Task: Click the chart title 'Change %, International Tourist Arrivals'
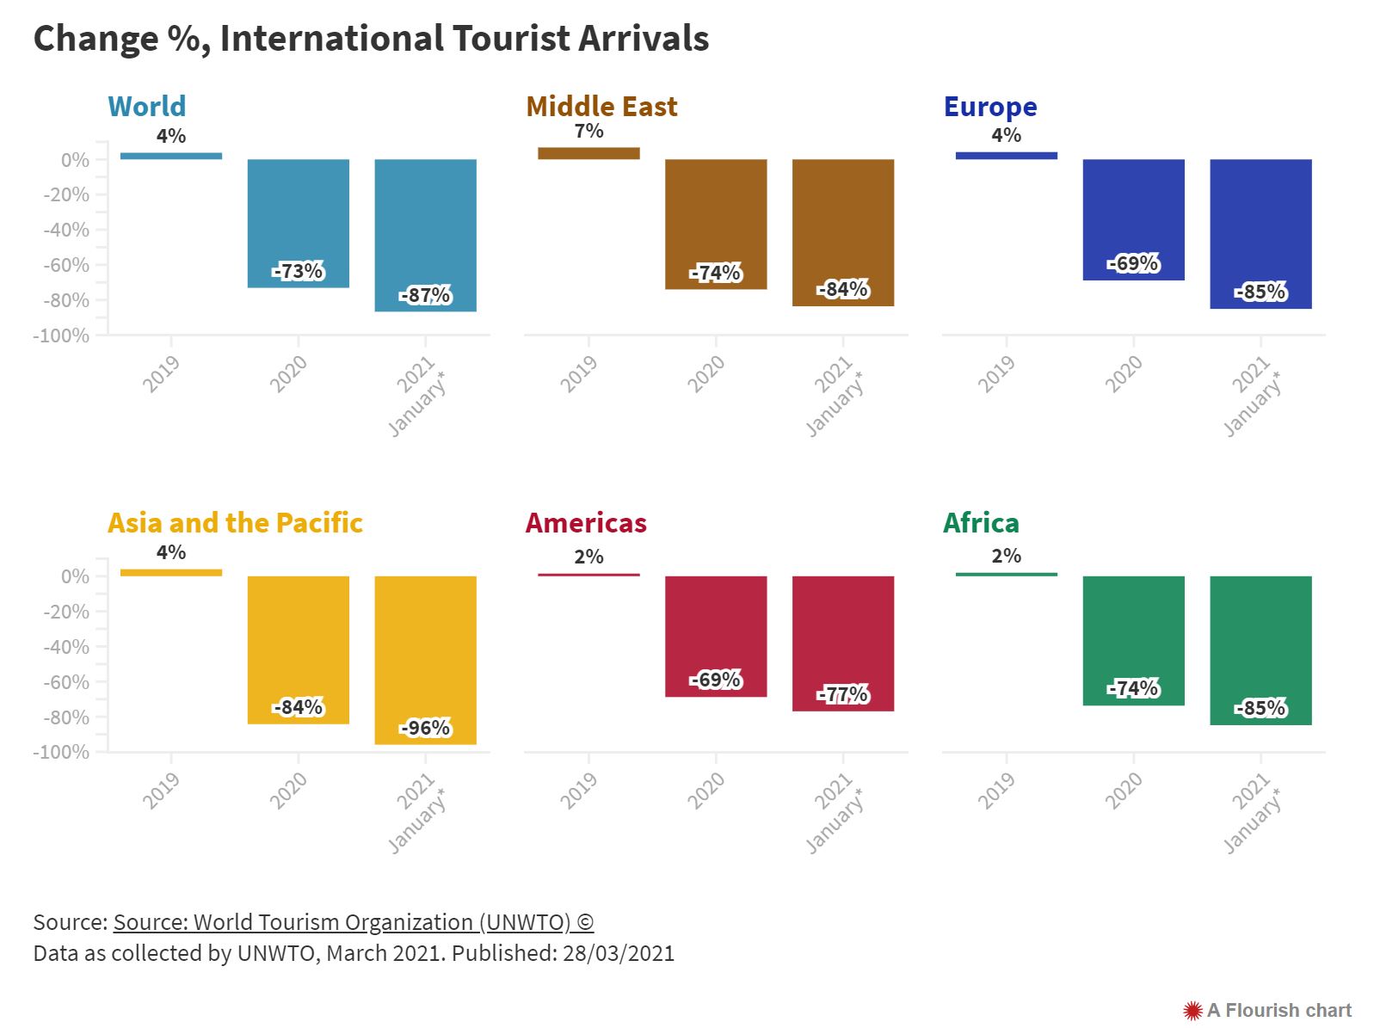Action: point(370,39)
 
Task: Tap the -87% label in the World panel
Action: point(425,295)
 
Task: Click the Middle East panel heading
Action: point(601,107)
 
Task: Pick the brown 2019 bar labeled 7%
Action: point(588,153)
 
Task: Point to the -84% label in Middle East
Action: point(843,289)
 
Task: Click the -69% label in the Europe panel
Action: point(1133,263)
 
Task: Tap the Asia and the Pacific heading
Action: point(235,523)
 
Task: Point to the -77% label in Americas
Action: point(843,694)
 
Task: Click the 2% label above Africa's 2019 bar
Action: point(1006,556)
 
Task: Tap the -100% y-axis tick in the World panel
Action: point(62,335)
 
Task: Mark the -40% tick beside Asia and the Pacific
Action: point(66,647)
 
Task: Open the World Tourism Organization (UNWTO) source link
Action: point(353,922)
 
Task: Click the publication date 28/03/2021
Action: point(619,953)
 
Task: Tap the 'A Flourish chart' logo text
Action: point(1278,1010)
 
